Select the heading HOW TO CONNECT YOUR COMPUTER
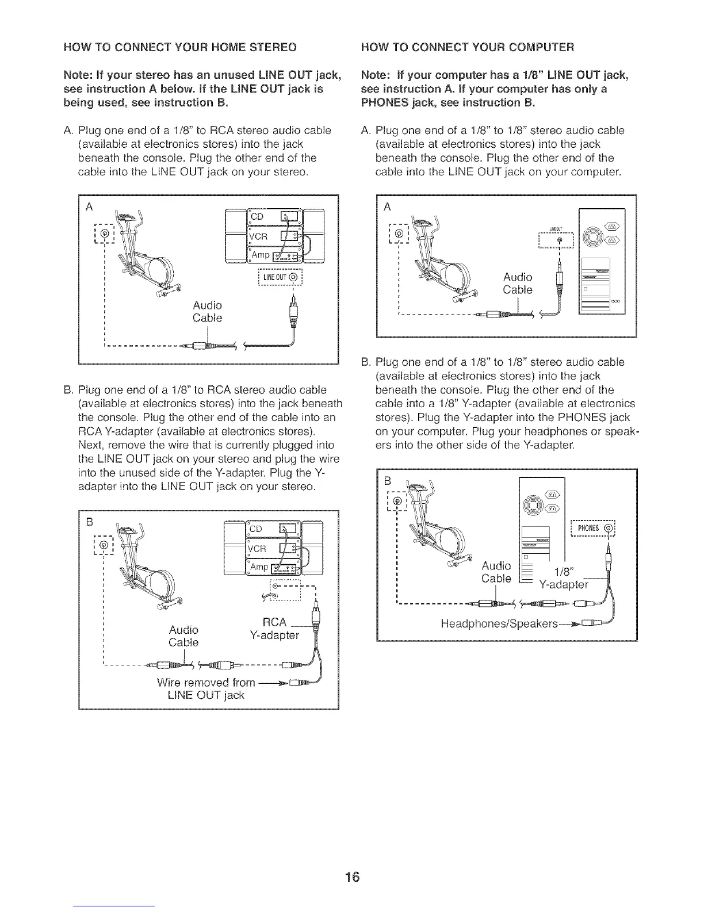tap(467, 47)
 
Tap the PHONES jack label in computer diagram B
tap(592, 528)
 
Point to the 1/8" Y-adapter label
tap(563, 579)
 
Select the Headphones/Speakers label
tap(499, 624)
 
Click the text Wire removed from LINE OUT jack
tap(205, 689)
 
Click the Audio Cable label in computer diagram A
tap(518, 284)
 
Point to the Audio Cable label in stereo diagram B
tap(183, 636)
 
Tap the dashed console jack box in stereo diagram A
tap(104, 235)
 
